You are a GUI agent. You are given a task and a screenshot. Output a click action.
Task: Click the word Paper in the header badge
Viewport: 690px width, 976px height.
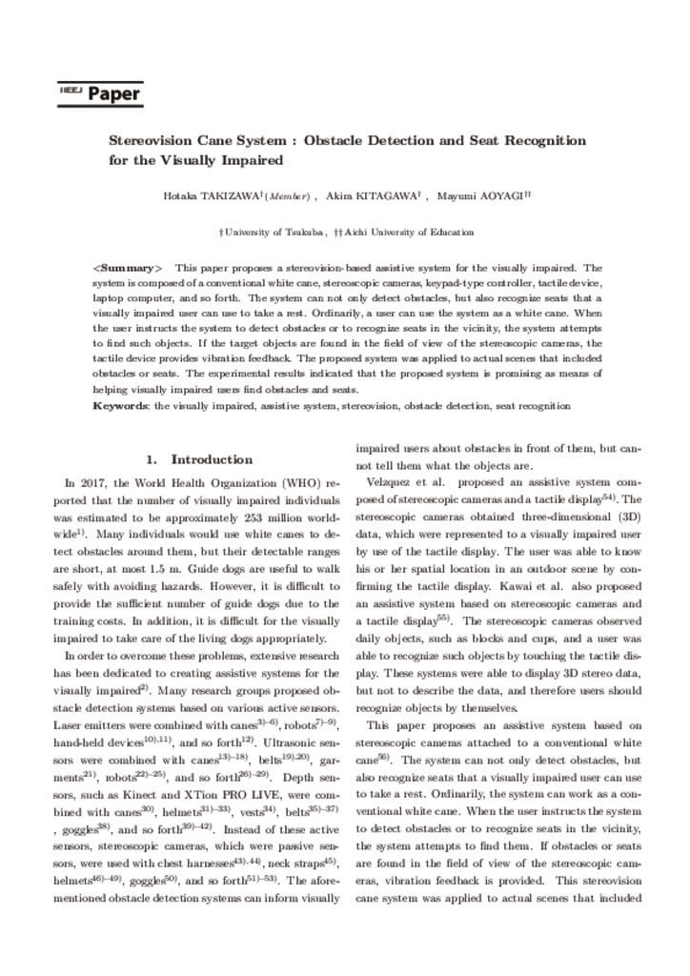(x=114, y=94)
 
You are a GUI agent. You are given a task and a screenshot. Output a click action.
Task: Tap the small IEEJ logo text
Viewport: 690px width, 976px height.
(x=71, y=90)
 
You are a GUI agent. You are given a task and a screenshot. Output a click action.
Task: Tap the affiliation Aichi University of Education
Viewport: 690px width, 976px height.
(x=407, y=232)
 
